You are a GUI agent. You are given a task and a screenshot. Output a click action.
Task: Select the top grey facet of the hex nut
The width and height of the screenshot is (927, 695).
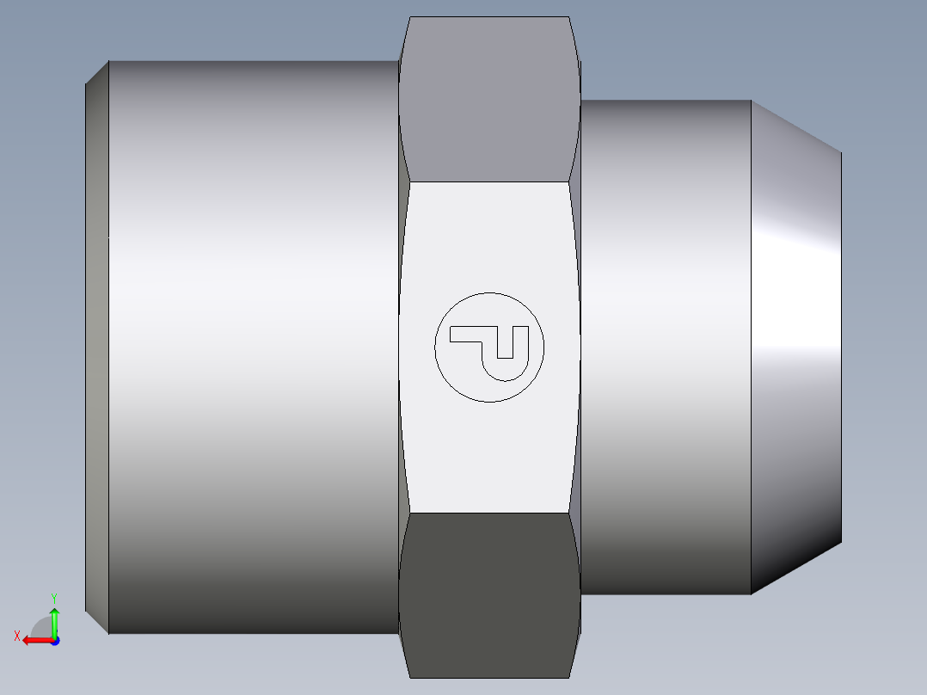(x=488, y=99)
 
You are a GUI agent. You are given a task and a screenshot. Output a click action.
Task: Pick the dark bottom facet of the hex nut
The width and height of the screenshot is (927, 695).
(x=488, y=594)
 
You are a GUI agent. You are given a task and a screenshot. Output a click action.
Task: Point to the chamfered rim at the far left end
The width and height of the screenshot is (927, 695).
(x=96, y=344)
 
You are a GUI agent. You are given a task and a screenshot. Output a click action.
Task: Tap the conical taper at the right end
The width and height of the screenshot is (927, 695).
(x=795, y=344)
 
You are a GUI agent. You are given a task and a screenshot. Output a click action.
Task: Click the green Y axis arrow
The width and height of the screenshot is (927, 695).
(x=54, y=621)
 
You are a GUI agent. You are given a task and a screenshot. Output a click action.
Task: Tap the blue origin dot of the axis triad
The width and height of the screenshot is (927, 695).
(x=54, y=640)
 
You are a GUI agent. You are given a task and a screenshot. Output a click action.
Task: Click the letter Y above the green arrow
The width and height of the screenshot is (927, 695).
(x=53, y=597)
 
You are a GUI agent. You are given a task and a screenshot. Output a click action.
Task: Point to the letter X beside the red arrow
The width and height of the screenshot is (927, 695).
(x=17, y=636)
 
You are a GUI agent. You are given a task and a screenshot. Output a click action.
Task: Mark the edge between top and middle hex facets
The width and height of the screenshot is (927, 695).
(x=488, y=181)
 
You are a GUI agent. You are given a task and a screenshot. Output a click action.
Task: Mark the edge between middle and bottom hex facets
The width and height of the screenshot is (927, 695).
(x=488, y=514)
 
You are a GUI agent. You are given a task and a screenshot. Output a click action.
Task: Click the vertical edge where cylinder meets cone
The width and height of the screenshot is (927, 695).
(x=751, y=344)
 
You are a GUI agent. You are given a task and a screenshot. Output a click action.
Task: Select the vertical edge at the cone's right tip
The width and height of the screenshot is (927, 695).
(x=841, y=344)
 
